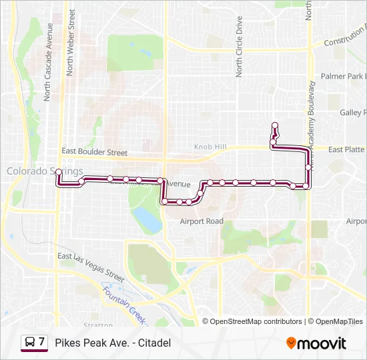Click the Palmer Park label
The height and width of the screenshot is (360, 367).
343,77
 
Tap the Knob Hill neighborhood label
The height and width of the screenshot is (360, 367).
210,147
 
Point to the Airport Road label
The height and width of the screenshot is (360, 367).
202,221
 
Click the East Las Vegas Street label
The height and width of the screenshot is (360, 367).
91,267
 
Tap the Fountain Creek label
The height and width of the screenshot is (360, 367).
123,301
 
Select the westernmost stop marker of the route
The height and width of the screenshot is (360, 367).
59,173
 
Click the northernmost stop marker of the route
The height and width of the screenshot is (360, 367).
274,125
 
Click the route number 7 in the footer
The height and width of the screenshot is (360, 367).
42,343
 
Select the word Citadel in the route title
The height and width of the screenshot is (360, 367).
155,343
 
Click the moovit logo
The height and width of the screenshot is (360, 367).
316,343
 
